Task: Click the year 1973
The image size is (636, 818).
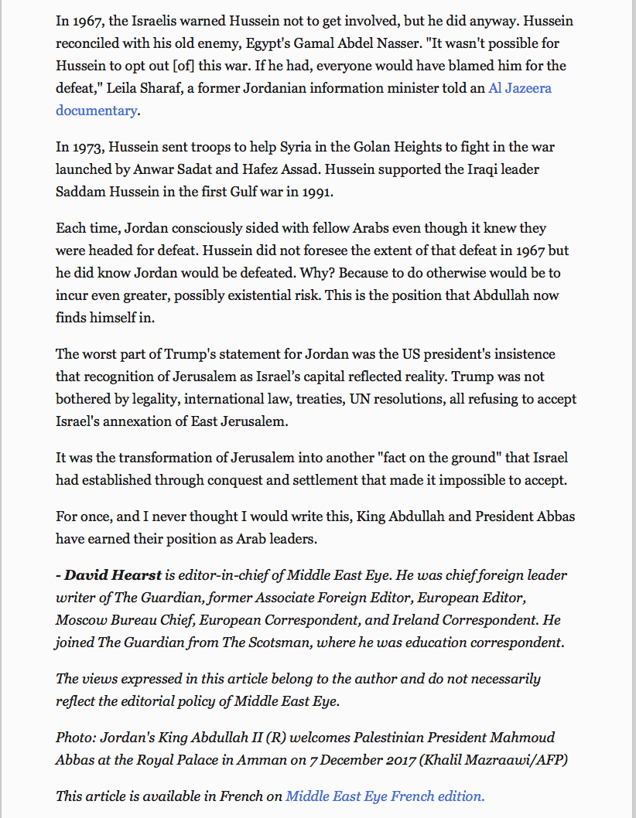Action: [84, 147]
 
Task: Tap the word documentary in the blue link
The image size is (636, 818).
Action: [96, 110]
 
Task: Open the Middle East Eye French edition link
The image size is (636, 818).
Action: [385, 796]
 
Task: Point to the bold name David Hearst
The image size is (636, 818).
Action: [113, 575]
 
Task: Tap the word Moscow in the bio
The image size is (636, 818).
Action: [79, 620]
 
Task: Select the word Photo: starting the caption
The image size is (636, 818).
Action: [74, 738]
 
